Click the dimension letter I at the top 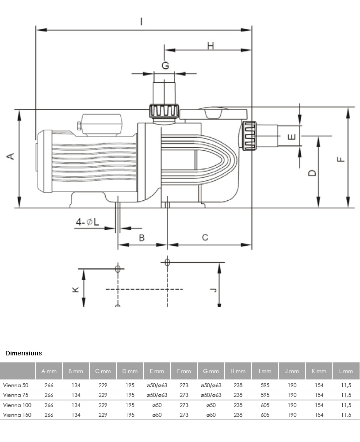point(142,21)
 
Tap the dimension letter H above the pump point(211,46)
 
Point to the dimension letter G point(165,65)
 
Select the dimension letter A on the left point(11,156)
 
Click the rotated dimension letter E point(292,137)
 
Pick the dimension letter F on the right point(341,160)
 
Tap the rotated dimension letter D point(312,173)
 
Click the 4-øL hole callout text point(88,222)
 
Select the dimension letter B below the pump point(142,238)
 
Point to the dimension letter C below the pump point(205,237)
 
